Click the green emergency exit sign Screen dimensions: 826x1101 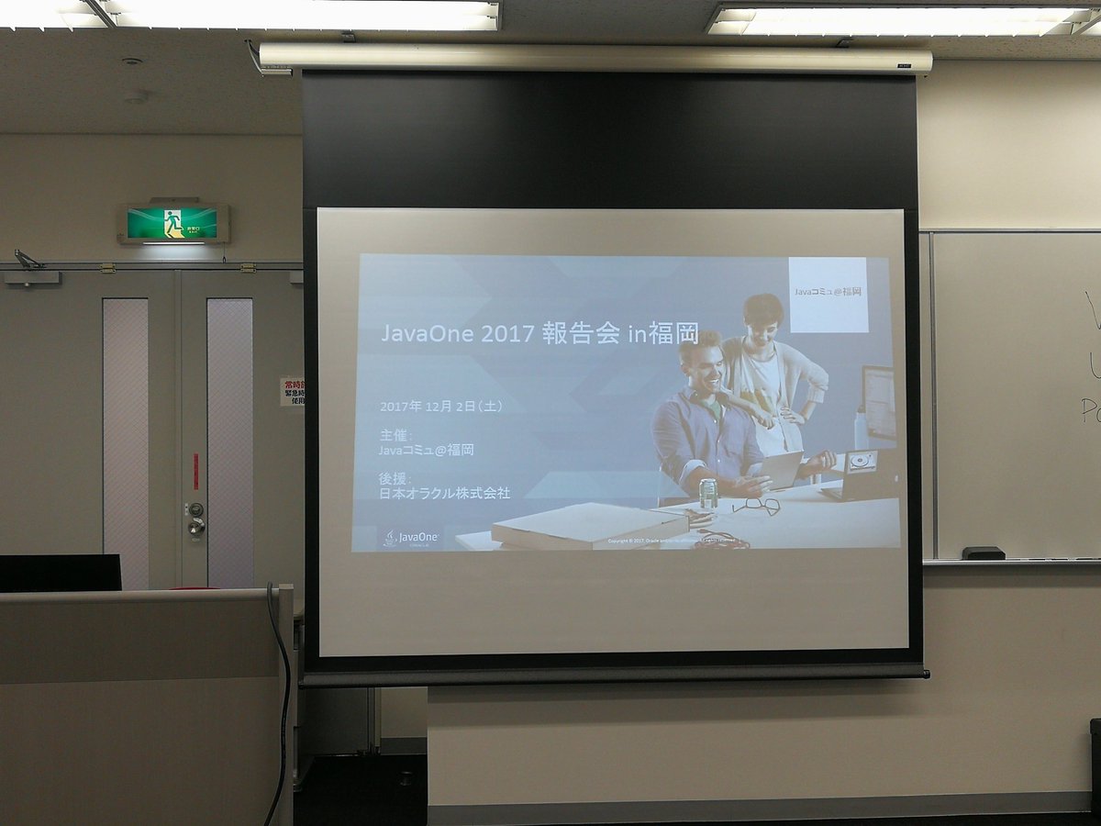tap(173, 223)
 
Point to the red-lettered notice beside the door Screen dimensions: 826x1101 tap(292, 391)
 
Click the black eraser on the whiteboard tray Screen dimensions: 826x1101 tap(983, 553)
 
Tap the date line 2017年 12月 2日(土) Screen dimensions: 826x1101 tap(440, 405)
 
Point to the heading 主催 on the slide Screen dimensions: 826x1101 tap(394, 434)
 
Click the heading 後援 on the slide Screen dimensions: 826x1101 tap(394, 478)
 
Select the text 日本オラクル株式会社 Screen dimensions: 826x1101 tap(445, 494)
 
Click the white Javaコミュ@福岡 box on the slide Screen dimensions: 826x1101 tap(828, 294)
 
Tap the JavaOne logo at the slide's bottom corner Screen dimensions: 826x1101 tap(411, 537)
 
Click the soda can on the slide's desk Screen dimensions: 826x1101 tap(707, 493)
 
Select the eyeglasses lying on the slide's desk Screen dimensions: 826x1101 tap(755, 506)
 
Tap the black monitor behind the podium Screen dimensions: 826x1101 tap(60, 573)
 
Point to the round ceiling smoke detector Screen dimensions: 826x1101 tap(135, 95)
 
